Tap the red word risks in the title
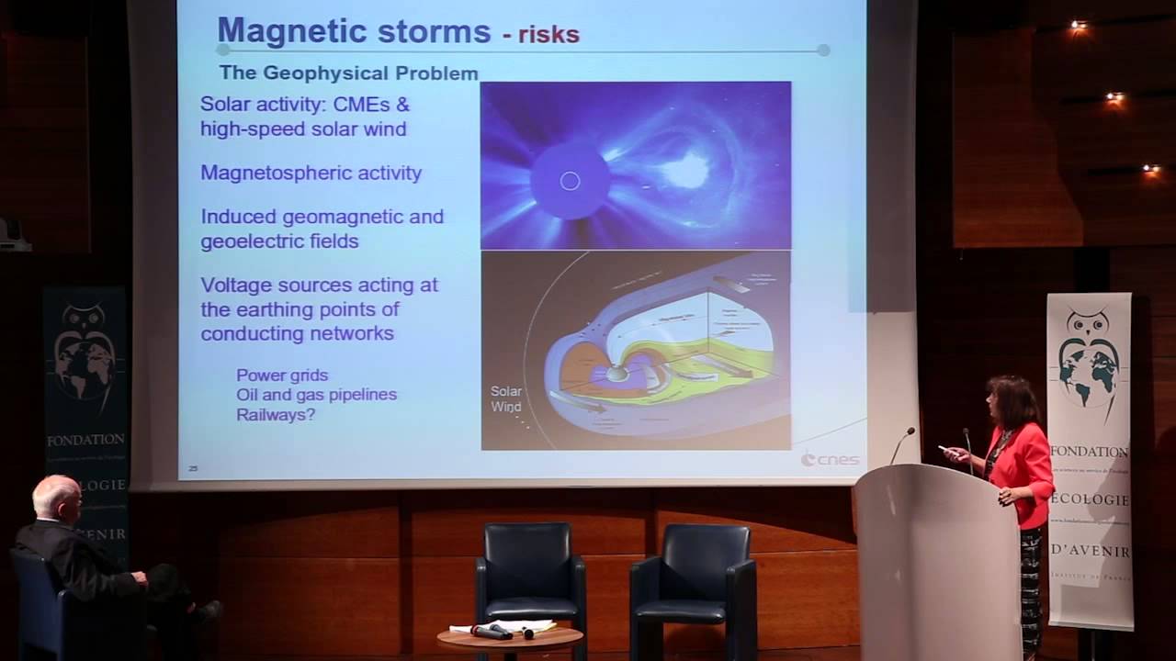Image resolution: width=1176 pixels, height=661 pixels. coord(548,35)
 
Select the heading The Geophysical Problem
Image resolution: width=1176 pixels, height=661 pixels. coord(348,73)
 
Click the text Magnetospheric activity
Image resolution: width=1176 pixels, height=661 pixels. coord(311,173)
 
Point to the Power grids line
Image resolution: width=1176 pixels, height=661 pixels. coord(281,375)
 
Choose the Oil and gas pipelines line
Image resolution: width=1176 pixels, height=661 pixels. coord(316,395)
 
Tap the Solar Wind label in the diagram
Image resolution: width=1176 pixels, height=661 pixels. coord(506,399)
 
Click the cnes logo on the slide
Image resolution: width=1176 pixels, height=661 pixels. coord(830,458)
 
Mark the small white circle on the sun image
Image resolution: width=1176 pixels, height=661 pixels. coord(570,181)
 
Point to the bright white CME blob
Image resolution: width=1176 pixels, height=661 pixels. coord(684,171)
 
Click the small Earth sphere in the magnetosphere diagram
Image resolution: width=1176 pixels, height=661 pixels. coord(617,374)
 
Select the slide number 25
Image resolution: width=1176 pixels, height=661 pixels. coord(193,468)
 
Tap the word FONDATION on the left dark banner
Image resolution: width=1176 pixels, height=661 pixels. coord(85,441)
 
